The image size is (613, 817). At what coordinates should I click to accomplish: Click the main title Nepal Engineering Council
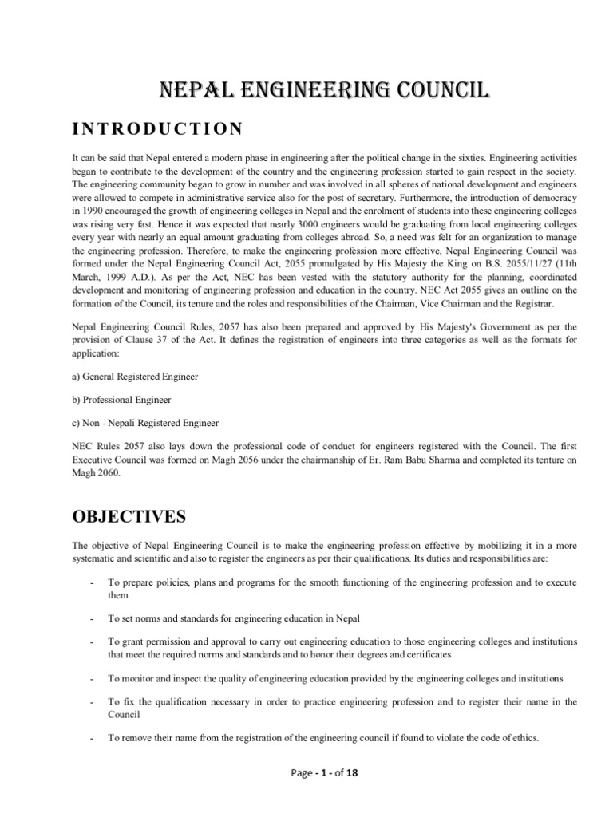[x=306, y=90]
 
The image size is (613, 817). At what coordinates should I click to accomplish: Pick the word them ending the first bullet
[x=118, y=595]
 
